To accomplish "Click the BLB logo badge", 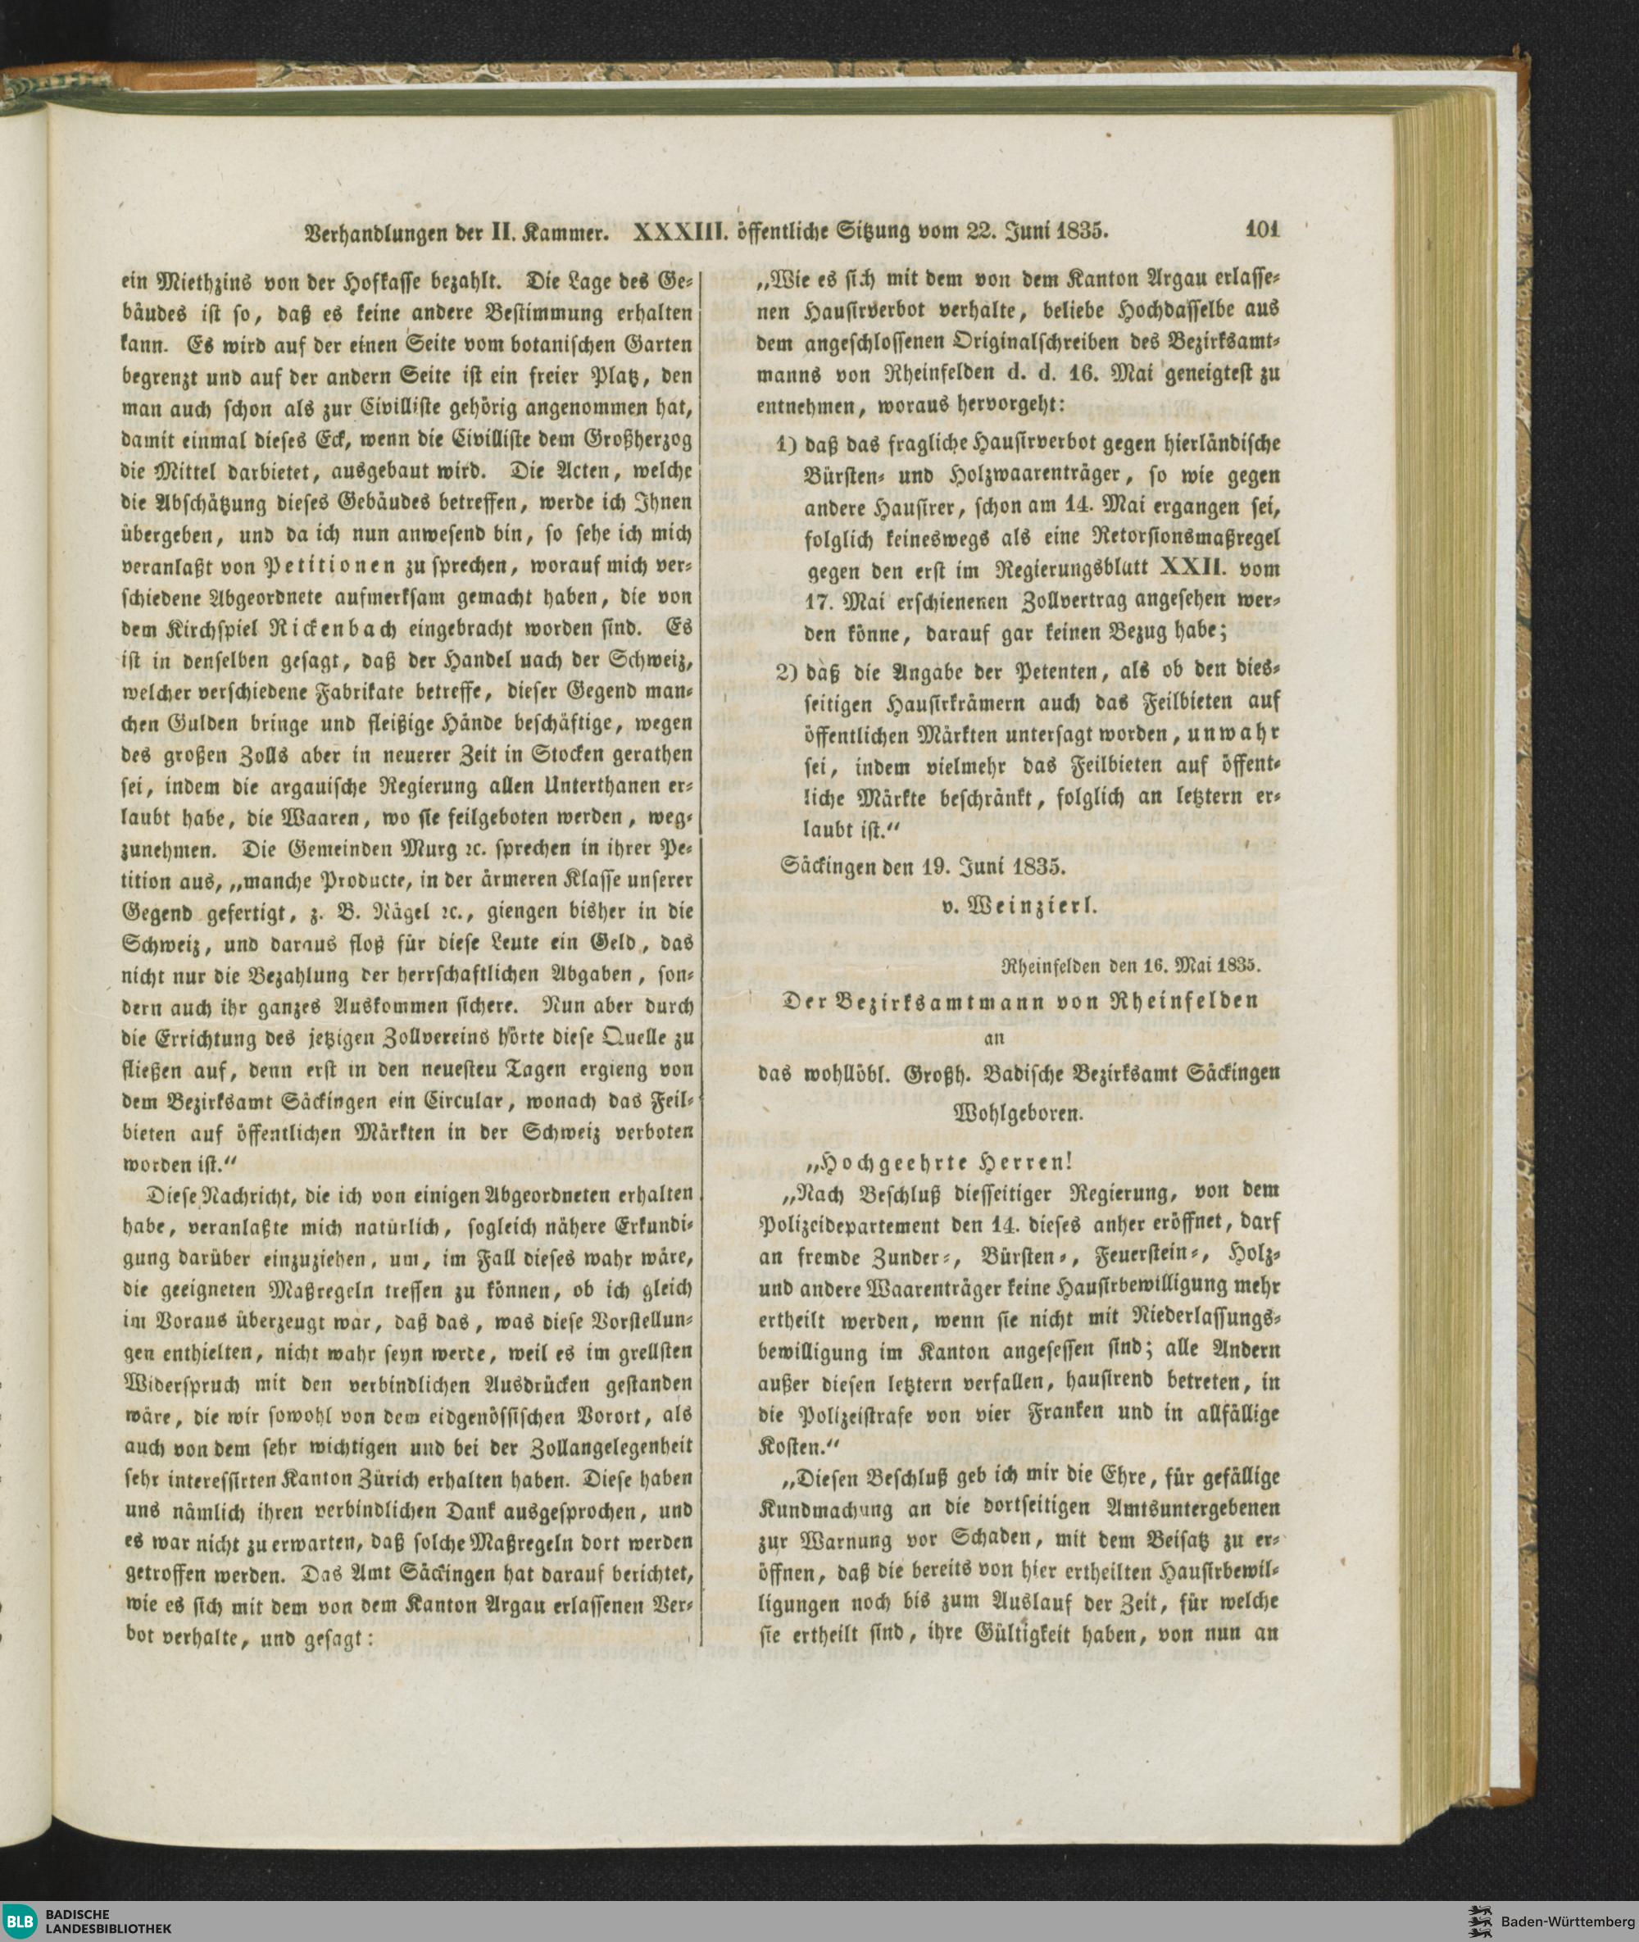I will click(20, 1920).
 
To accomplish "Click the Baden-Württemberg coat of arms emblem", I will click(1478, 1920).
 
